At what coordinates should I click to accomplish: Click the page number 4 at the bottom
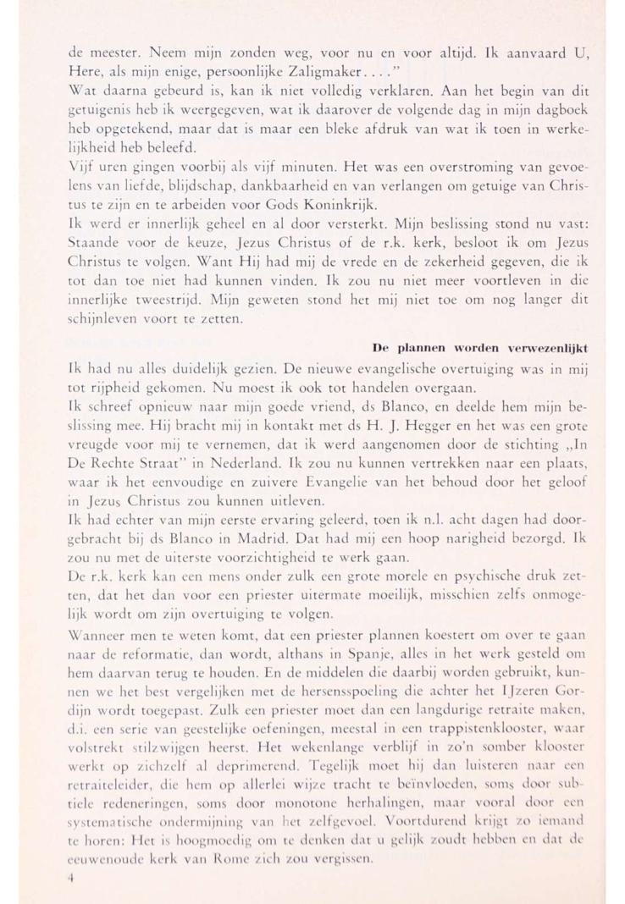[73, 879]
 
